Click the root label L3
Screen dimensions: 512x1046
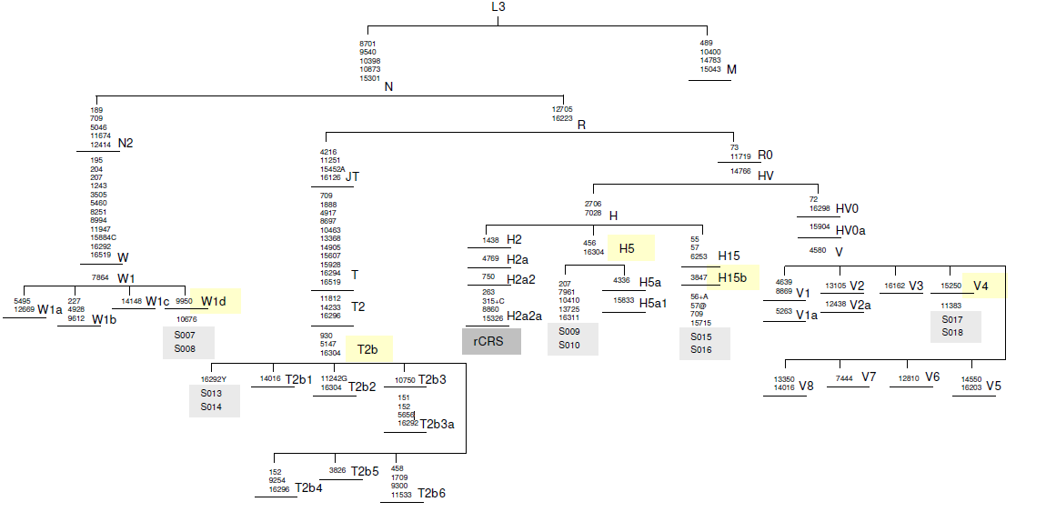[498, 7]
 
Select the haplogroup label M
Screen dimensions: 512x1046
[731, 70]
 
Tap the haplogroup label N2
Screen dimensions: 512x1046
[126, 144]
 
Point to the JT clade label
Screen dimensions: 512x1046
[352, 177]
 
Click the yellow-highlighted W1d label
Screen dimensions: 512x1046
[214, 301]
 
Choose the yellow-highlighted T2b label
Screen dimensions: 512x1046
[368, 349]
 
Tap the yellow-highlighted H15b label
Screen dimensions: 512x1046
[731, 277]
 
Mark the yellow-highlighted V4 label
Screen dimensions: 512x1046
[982, 286]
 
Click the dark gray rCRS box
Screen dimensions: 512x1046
[492, 341]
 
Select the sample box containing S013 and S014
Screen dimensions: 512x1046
[214, 400]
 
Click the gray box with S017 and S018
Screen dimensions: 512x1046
[956, 326]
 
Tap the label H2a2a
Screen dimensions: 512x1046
[524, 316]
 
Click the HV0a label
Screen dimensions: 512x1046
[850, 230]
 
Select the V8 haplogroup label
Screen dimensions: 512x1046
[806, 387]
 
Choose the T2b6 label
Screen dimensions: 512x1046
[431, 494]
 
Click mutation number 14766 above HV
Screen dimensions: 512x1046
[740, 170]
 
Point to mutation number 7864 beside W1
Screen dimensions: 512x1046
[100, 277]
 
